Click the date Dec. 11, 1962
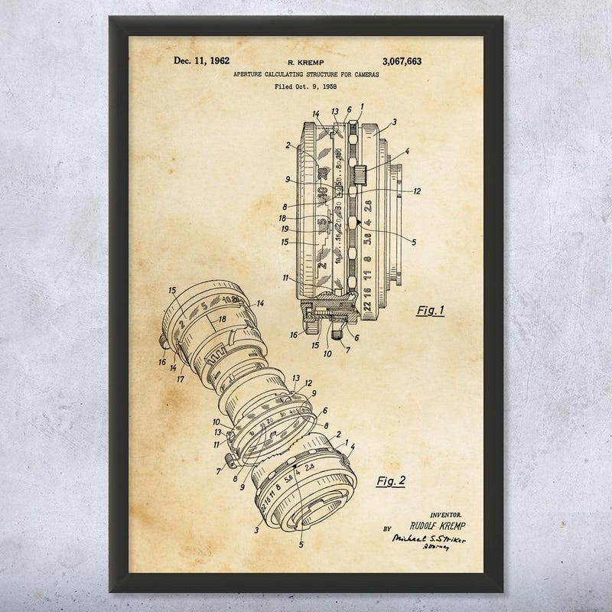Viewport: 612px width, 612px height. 201,61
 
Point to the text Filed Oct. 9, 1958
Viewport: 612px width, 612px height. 304,86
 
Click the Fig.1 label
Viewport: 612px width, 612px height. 431,311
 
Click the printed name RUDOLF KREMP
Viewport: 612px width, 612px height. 437,528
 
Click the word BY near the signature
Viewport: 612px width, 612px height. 387,528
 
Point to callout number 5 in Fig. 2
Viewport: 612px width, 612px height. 301,545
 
